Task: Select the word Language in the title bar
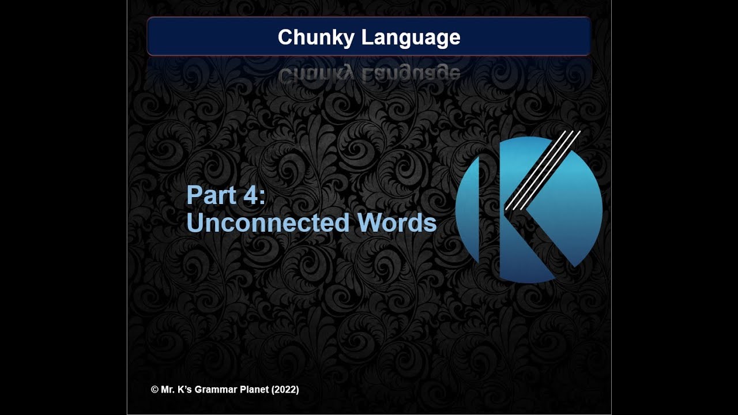[x=411, y=38]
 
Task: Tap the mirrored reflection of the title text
[x=369, y=74]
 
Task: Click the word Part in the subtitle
[x=209, y=195]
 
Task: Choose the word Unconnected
[x=268, y=222]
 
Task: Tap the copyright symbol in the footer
[x=155, y=390]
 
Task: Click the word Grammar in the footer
[x=215, y=390]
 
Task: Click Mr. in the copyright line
[x=168, y=390]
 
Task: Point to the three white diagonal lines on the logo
[x=542, y=170]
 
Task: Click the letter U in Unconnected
[x=194, y=222]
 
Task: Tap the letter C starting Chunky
[x=285, y=37]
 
